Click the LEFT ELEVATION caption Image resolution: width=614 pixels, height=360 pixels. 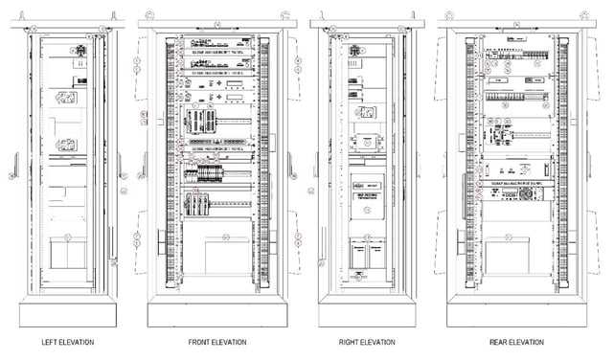(x=67, y=342)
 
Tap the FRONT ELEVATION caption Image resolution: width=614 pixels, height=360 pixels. (x=217, y=342)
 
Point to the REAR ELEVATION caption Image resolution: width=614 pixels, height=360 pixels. (x=516, y=342)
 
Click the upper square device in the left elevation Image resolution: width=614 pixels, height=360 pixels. (x=67, y=98)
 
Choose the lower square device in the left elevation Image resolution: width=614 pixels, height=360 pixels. (x=67, y=146)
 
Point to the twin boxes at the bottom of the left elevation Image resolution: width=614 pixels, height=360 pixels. (x=67, y=256)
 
